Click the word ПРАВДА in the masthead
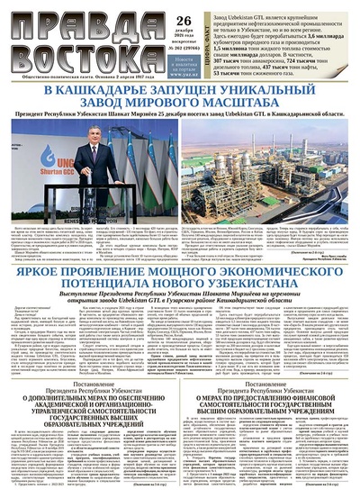(67, 20)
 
